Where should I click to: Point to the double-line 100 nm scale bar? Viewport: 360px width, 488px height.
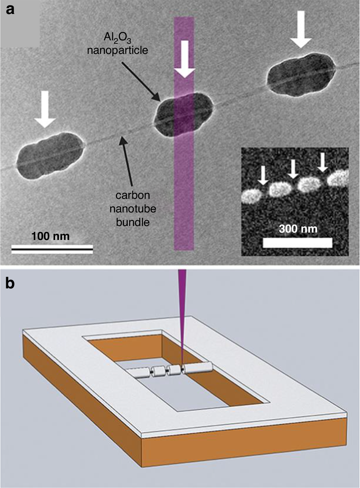click(52, 249)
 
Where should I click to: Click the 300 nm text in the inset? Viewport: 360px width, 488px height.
click(298, 228)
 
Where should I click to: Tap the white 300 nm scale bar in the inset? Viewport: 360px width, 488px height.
click(298, 243)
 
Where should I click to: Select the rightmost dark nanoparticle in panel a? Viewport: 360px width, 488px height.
click(301, 73)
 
